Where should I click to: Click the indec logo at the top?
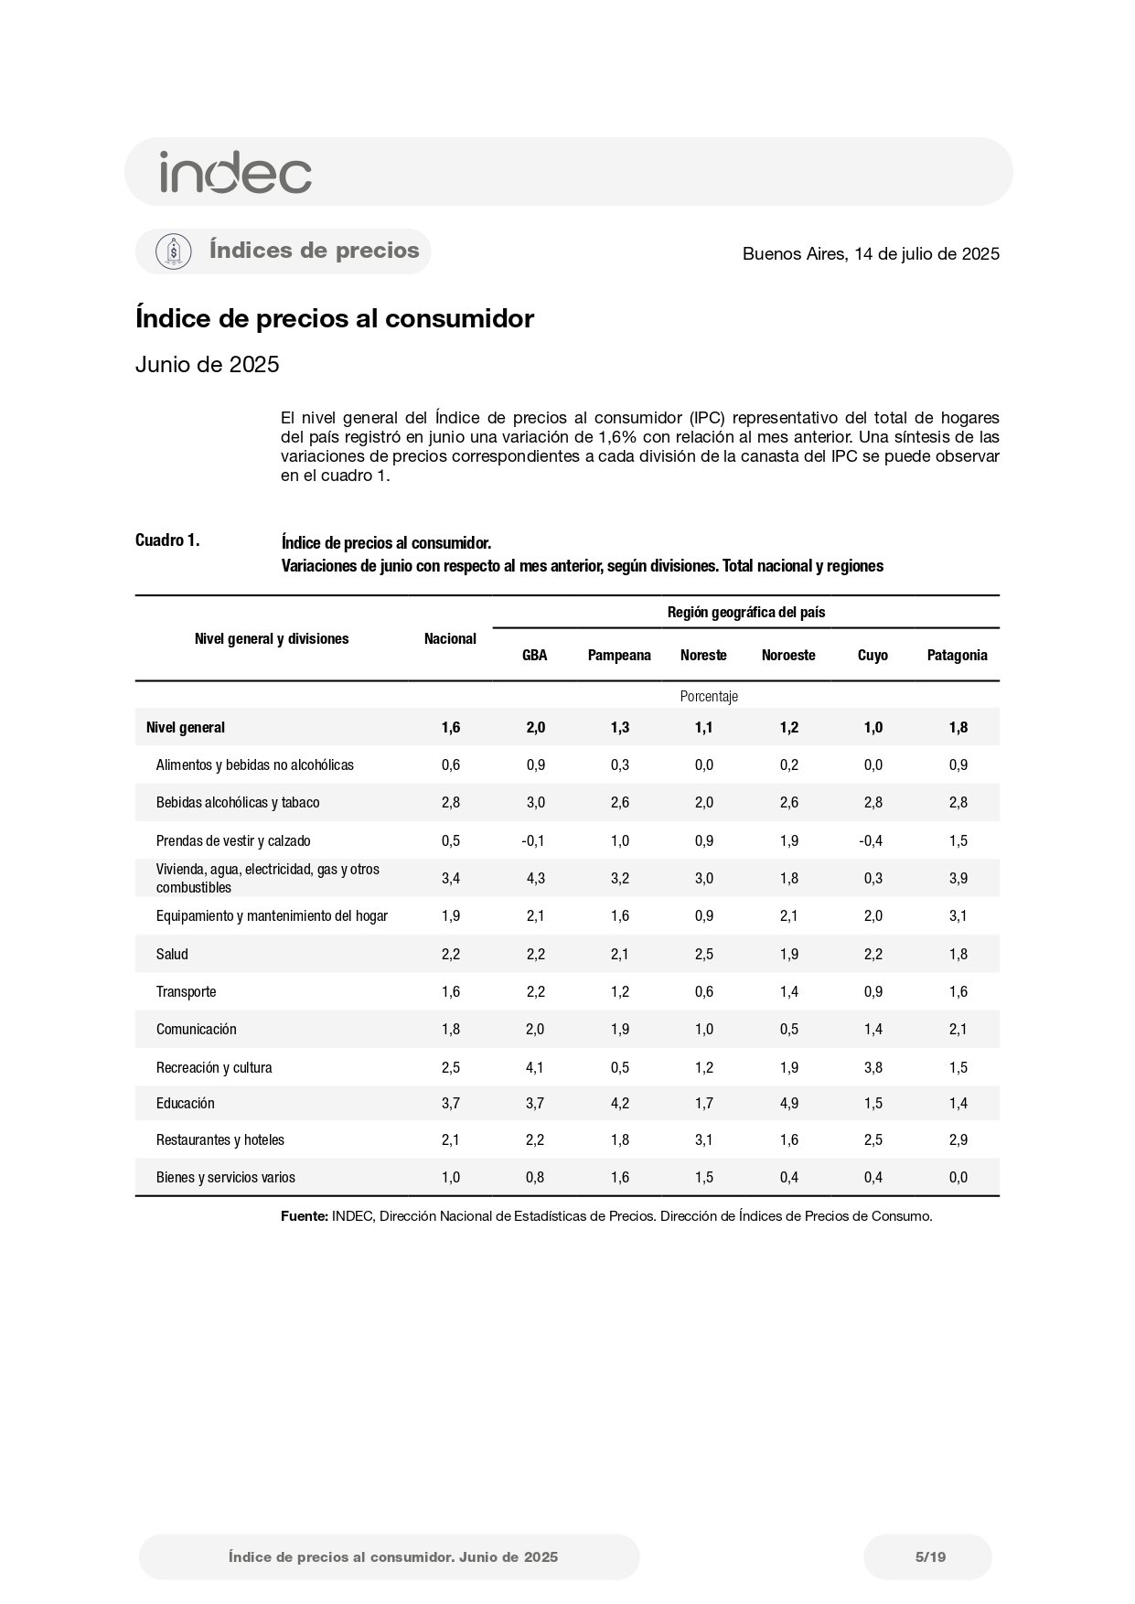(x=235, y=172)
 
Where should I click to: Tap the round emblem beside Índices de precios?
(x=174, y=251)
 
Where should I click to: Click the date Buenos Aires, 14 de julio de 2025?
(x=871, y=254)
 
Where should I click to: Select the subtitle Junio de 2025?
(x=207, y=365)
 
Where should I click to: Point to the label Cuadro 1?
(x=167, y=540)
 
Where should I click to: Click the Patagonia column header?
(x=957, y=655)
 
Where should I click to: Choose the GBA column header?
(x=534, y=655)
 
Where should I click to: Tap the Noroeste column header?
(x=787, y=655)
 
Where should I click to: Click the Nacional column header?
(x=450, y=638)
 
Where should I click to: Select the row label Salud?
(x=172, y=954)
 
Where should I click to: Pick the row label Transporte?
(x=186, y=991)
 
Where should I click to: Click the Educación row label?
(x=185, y=1103)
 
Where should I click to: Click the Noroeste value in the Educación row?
(x=788, y=1103)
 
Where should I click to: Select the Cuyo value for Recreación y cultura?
(x=873, y=1067)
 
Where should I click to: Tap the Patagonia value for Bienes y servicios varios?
(x=958, y=1177)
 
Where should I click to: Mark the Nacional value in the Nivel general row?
(x=450, y=727)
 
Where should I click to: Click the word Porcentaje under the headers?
(x=709, y=696)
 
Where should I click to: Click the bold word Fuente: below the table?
(x=304, y=1216)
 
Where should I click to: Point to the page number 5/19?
(x=930, y=1556)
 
